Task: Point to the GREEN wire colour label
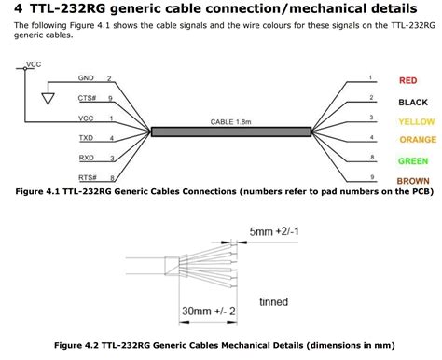click(413, 160)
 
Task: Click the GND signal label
click(86, 77)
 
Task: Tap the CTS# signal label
click(87, 97)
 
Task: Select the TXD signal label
click(86, 137)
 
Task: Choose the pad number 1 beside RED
click(371, 77)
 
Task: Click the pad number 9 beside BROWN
click(371, 176)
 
